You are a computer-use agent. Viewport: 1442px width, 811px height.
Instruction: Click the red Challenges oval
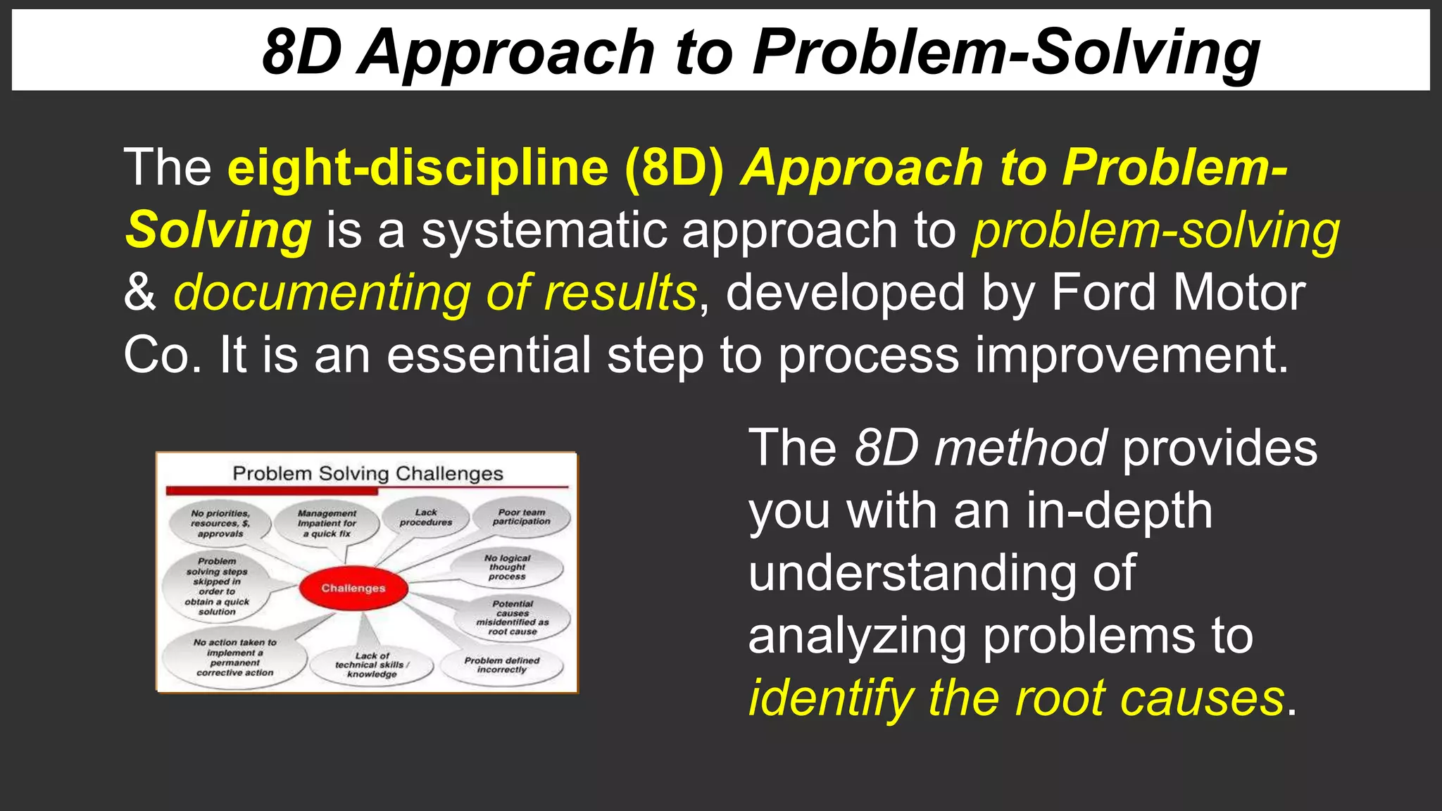point(353,588)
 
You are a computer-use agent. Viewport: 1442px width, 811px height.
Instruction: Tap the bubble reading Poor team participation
point(522,517)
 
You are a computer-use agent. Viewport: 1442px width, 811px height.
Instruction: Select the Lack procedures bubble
point(426,517)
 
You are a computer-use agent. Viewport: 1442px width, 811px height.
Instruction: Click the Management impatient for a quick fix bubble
point(327,524)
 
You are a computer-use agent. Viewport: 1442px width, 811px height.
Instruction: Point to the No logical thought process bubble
point(507,567)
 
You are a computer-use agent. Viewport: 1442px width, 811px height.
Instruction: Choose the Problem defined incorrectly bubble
point(502,665)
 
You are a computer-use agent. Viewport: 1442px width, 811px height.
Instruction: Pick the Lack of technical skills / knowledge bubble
point(372,665)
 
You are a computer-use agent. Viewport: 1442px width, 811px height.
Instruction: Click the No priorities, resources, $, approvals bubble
point(220,524)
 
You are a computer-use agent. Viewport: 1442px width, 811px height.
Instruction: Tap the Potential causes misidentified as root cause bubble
point(513,617)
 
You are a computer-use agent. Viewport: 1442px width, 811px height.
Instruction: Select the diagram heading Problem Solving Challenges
point(368,473)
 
